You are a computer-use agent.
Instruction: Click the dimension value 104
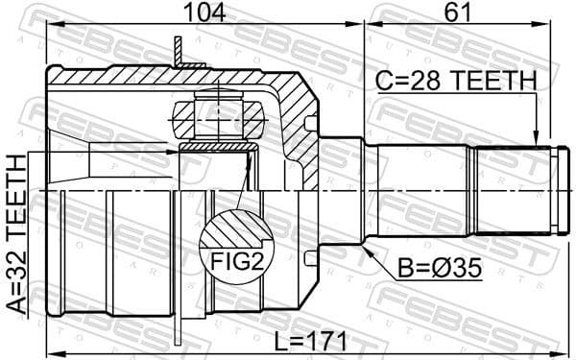(x=204, y=12)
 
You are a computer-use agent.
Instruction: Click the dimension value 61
(x=457, y=12)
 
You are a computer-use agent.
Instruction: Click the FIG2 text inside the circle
(x=226, y=260)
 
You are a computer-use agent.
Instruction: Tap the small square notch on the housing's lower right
(x=308, y=258)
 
